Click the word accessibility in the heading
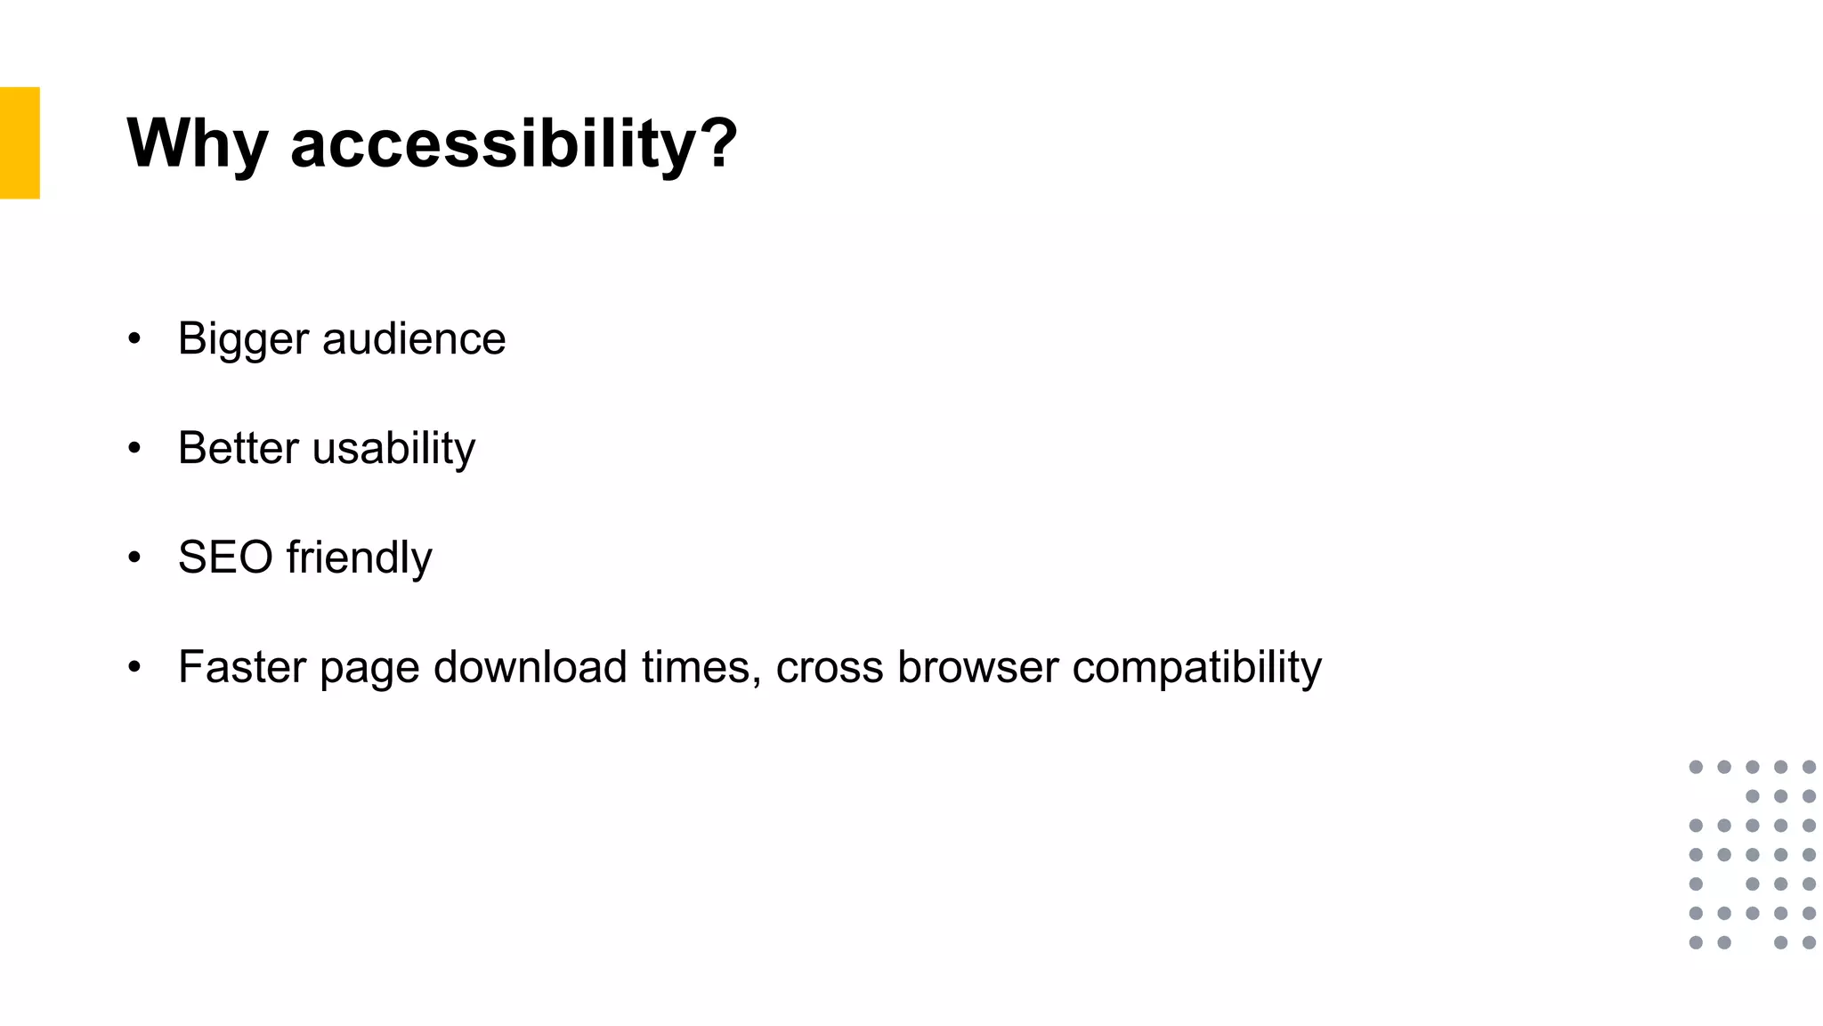[490, 143]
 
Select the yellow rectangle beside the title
[20, 142]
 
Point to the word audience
[414, 338]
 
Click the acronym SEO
[225, 558]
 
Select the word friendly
[359, 558]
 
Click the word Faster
[242, 667]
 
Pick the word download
[531, 667]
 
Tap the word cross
[830, 668]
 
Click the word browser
[978, 667]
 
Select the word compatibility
[1197, 668]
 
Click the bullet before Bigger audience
[134, 338]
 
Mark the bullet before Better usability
[134, 448]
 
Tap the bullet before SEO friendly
[134, 558]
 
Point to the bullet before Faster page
[134, 667]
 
